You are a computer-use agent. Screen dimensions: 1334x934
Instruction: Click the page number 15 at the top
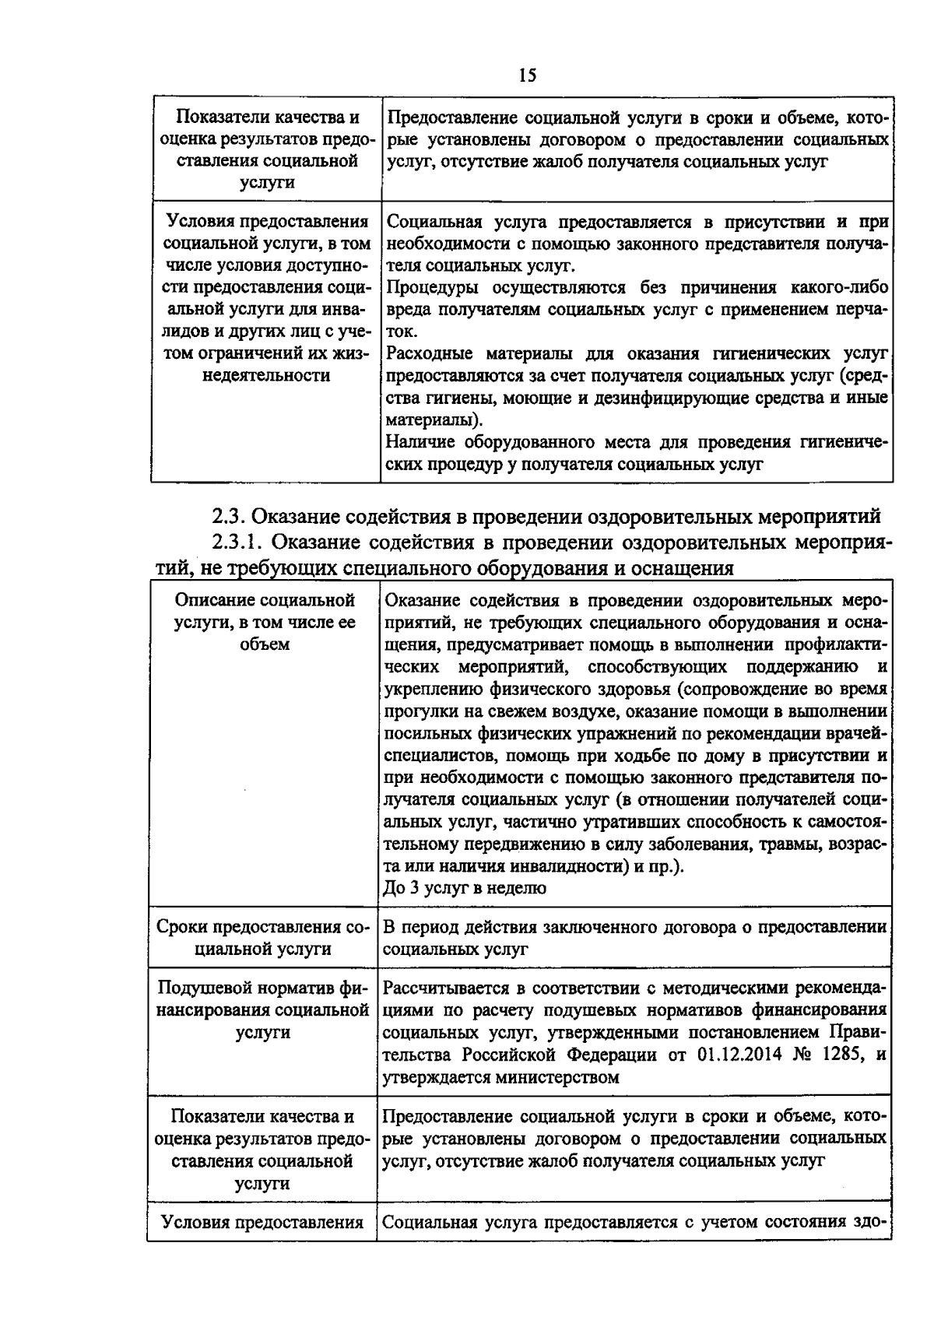tap(527, 75)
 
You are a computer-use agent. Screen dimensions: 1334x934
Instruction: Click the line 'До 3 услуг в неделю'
tap(465, 888)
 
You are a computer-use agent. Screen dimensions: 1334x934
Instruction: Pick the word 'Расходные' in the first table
tap(425, 354)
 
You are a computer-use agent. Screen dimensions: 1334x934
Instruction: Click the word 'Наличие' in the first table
tap(419, 443)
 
